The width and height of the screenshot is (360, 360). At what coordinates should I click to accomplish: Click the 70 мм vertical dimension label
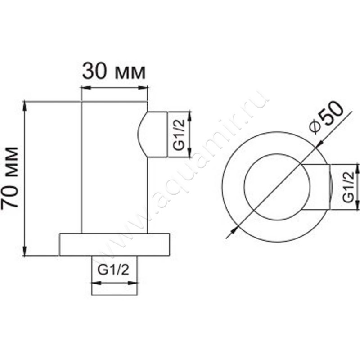tap(11, 177)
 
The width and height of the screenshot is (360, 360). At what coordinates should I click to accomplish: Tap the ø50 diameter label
tap(327, 116)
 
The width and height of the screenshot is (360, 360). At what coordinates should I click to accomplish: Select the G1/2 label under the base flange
tap(114, 270)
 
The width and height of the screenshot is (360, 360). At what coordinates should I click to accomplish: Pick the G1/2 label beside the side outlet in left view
tap(178, 134)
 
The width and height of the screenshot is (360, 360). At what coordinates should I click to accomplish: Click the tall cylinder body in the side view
tap(114, 166)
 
